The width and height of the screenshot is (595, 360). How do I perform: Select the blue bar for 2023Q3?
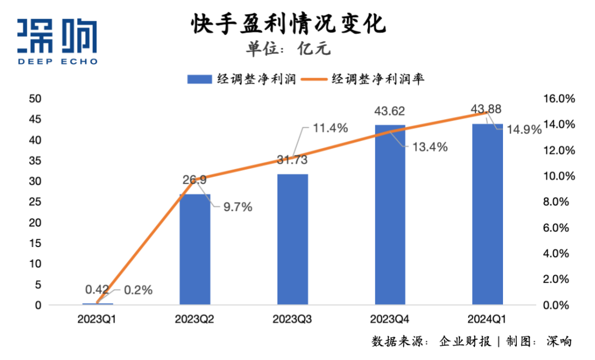(x=293, y=239)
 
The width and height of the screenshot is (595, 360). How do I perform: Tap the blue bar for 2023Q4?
(x=390, y=214)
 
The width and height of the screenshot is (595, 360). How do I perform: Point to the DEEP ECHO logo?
(x=57, y=41)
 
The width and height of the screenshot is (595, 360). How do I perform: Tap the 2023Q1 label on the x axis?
(x=98, y=319)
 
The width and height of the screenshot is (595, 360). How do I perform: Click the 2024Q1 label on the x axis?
(x=488, y=319)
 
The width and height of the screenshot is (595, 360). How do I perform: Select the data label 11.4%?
(x=331, y=129)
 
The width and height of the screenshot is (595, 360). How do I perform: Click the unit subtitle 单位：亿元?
(x=288, y=49)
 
